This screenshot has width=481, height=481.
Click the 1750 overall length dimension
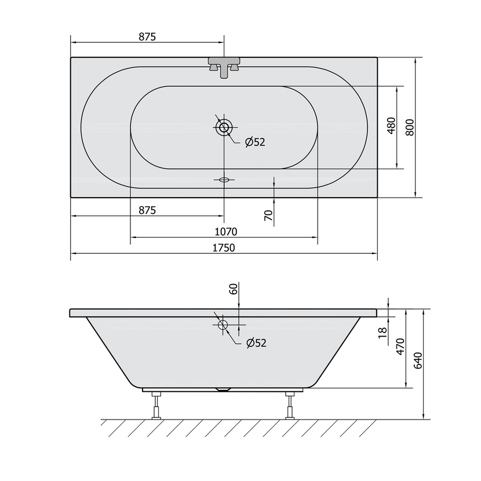224,247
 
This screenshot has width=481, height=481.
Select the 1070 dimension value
226,232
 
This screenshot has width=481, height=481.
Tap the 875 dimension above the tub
147,37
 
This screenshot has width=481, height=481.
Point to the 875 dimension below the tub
147,210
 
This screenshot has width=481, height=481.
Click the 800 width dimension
410,127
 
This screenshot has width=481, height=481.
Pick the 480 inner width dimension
391,125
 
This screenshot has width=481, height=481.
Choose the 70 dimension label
268,216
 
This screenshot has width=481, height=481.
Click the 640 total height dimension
418,360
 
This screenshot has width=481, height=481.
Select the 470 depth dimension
400,347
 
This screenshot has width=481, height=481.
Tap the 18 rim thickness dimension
383,333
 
